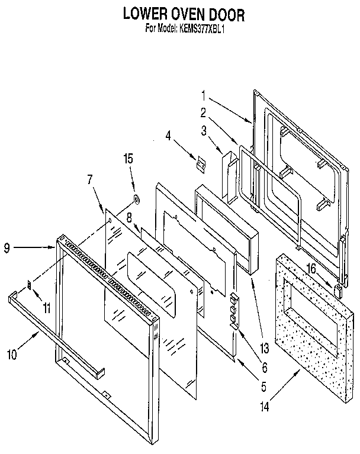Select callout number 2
pos(203,112)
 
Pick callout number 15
pos(128,159)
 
